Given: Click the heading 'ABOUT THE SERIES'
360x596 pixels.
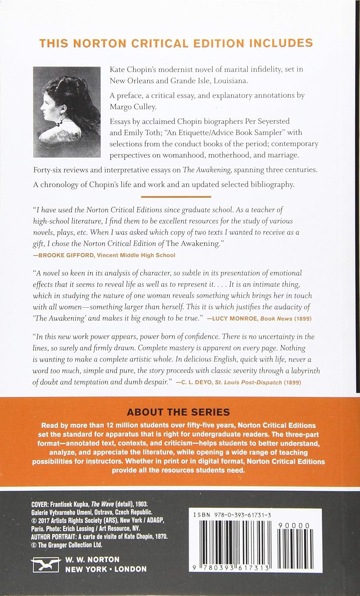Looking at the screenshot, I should tap(180, 412).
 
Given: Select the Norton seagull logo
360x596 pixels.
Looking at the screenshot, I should tap(44, 565).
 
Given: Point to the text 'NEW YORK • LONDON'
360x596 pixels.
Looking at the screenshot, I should tap(106, 569).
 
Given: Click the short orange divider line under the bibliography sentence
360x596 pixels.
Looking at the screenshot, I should tap(176, 196).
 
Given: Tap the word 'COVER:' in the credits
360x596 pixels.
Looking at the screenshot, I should tap(40, 504).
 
